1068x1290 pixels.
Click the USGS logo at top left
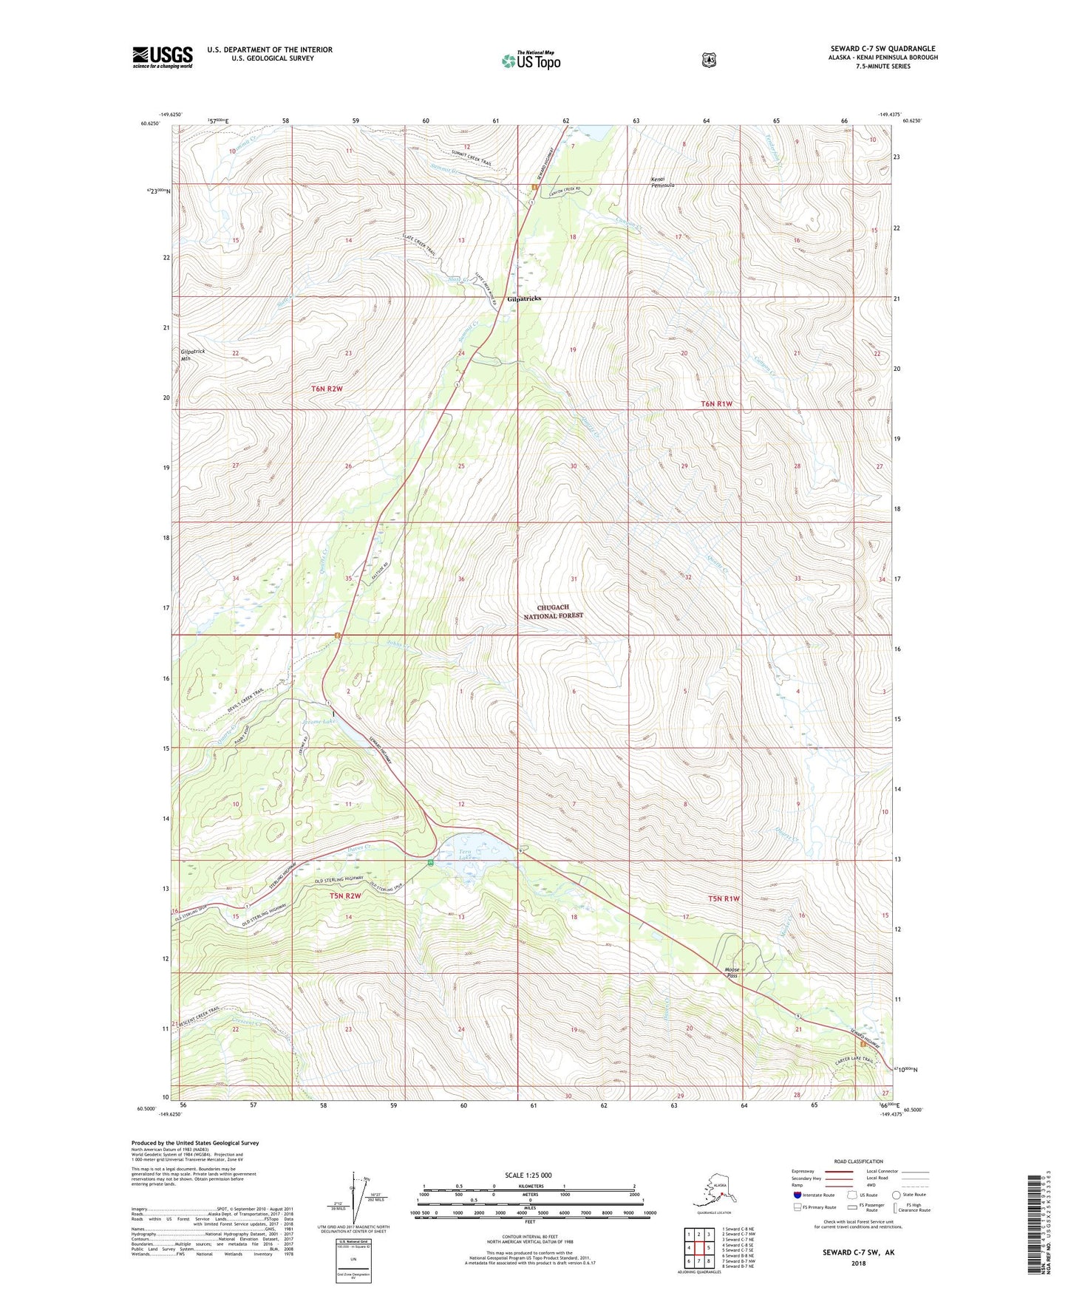coord(163,57)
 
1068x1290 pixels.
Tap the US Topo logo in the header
coord(531,60)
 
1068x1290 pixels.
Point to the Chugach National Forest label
coord(554,611)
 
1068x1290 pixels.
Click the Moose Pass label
coord(732,972)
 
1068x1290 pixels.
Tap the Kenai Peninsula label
coord(661,182)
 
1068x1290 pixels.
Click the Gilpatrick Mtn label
coord(191,355)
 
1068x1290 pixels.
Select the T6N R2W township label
coord(327,388)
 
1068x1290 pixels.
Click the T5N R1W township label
coord(724,898)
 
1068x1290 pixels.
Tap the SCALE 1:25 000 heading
coord(528,1175)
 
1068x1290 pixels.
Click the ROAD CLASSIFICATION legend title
coord(858,1161)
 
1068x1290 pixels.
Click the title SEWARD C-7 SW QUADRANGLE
coord(882,49)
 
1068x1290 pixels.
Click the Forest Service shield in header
coord(709,60)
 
